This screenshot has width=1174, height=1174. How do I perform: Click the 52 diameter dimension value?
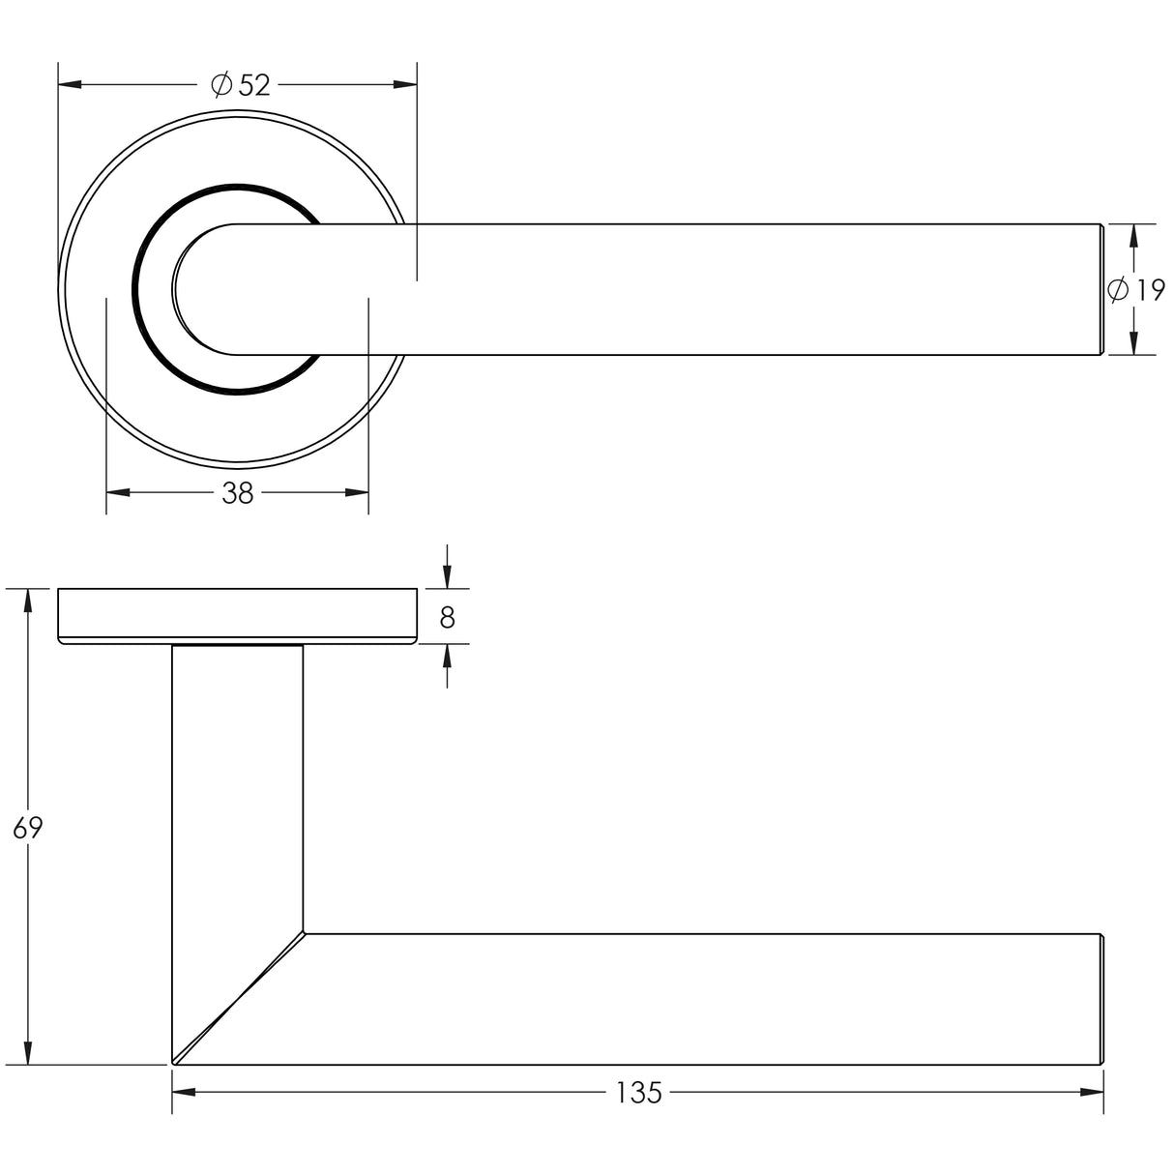(x=253, y=86)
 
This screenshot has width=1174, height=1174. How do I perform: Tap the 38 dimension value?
(x=237, y=493)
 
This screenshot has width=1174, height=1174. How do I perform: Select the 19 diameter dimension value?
(x=1150, y=290)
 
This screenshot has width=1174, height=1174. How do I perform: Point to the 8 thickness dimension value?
(x=447, y=617)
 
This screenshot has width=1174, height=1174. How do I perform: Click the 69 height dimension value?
(x=28, y=828)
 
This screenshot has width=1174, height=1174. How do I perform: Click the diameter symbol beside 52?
(x=220, y=86)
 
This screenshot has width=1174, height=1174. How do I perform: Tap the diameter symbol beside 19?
(x=1117, y=289)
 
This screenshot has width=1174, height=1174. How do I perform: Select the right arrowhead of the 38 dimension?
(x=357, y=493)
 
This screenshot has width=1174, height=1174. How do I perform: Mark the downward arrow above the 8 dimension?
(x=447, y=576)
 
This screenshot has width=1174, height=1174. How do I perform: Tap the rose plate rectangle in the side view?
(x=237, y=615)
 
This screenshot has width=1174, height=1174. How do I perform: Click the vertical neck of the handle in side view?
(x=237, y=783)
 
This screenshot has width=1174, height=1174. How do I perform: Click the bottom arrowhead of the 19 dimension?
(x=1133, y=342)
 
